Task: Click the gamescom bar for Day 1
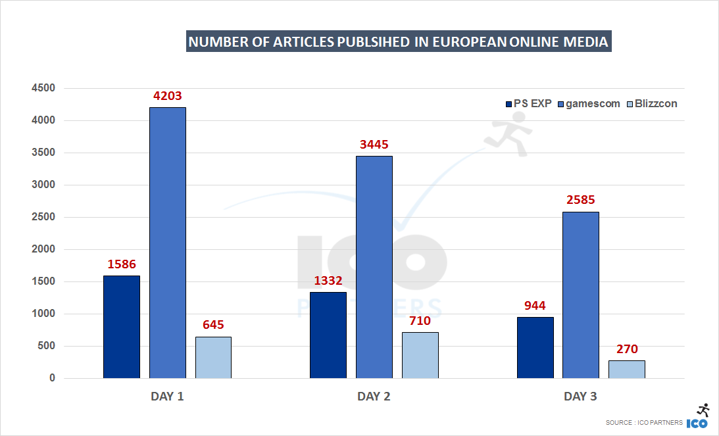click(167, 243)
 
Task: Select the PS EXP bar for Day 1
click(122, 327)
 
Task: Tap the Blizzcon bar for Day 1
click(213, 357)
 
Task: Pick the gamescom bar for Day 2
click(374, 267)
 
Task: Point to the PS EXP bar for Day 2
click(328, 335)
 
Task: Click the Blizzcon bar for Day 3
click(626, 369)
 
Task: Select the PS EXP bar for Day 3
click(535, 347)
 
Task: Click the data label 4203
click(167, 96)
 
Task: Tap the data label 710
click(420, 321)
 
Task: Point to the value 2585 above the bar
click(580, 200)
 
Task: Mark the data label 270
click(626, 349)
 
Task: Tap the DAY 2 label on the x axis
click(374, 397)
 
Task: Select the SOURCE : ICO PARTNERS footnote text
click(644, 423)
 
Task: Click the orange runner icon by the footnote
click(703, 409)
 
